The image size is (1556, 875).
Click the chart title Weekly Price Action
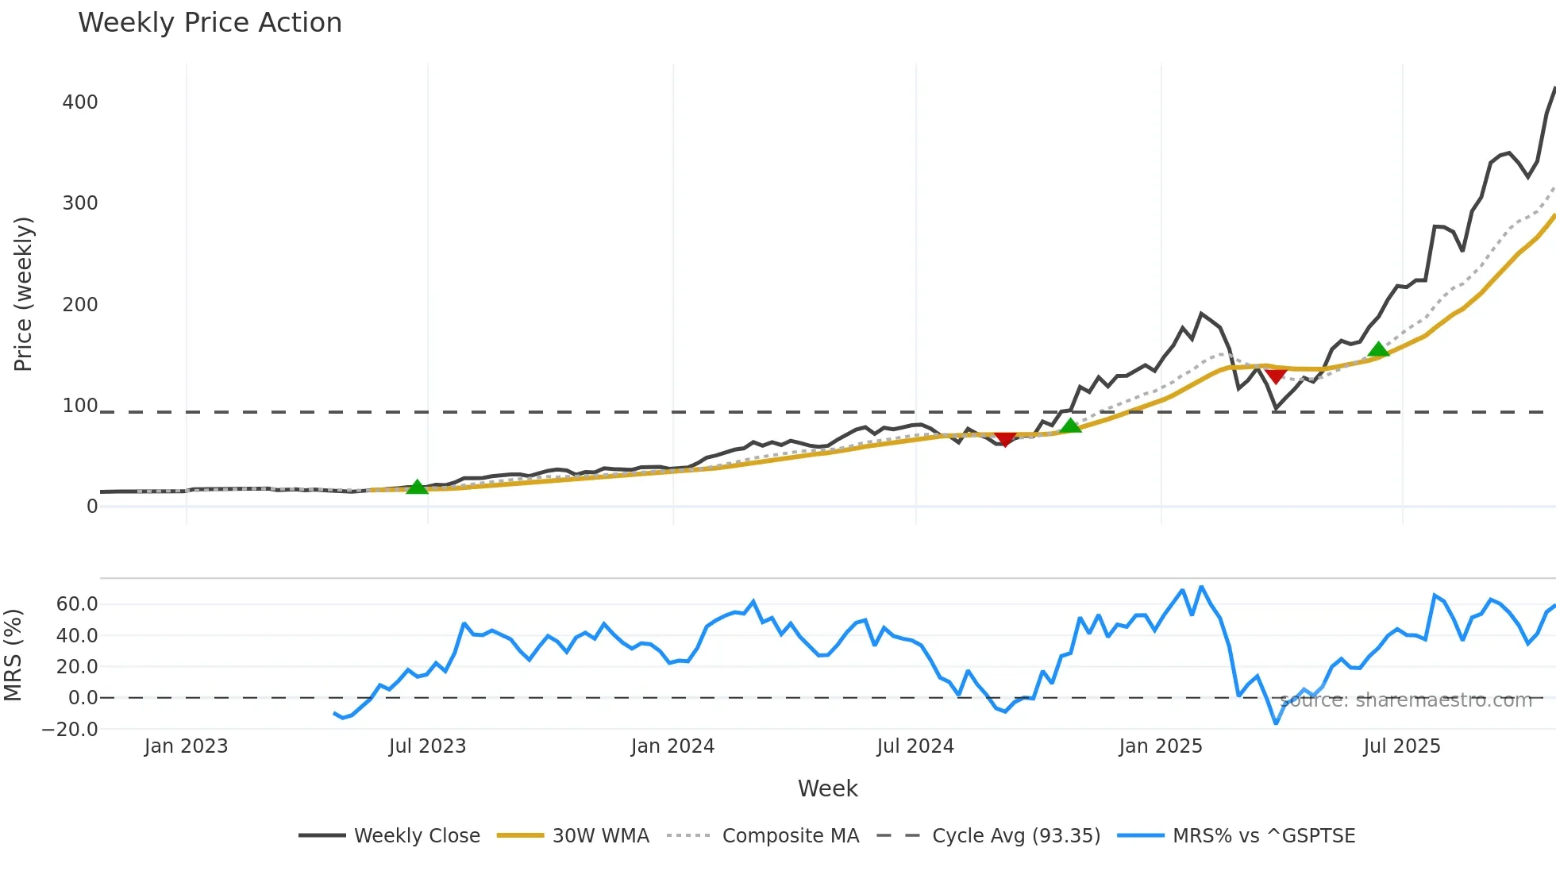click(210, 23)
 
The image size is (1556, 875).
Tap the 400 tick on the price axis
click(80, 102)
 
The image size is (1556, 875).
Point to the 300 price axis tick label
click(80, 203)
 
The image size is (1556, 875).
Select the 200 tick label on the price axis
click(80, 305)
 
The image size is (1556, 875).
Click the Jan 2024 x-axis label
click(672, 746)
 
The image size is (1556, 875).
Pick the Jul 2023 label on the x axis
click(427, 746)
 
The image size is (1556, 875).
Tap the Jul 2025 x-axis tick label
click(1401, 746)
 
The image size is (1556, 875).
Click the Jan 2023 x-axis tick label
click(186, 746)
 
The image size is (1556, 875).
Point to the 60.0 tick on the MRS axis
click(77, 604)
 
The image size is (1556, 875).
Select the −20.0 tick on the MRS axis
click(70, 730)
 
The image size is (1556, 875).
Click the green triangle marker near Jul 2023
click(417, 487)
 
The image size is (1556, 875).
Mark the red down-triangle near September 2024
click(1005, 439)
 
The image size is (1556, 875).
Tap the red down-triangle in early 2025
click(1276, 376)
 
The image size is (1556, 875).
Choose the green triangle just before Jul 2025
click(1379, 349)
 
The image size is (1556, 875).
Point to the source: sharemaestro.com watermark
click(1406, 700)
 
